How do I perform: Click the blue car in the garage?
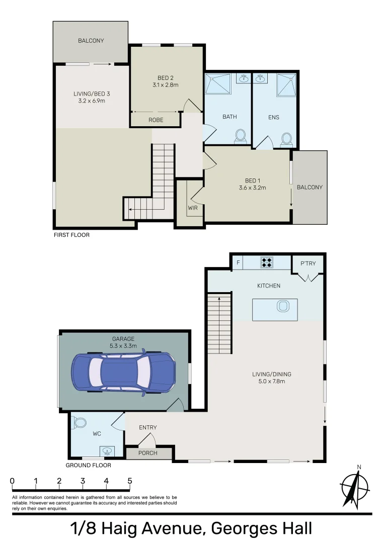coord(124,372)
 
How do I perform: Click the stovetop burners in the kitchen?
coord(266,261)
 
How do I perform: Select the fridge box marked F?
coord(238,261)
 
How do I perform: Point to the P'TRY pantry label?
coord(307,263)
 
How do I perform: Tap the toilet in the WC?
coord(80,423)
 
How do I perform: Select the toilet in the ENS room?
coord(286,138)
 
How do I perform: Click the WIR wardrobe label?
coord(193,207)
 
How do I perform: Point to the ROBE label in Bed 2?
coord(156,120)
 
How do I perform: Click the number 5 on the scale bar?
coord(130,481)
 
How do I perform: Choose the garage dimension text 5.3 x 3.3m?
coord(123,346)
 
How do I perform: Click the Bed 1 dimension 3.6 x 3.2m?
coord(252,188)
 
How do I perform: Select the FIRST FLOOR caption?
coord(71,235)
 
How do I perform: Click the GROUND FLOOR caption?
coord(89,465)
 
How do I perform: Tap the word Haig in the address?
coord(147,529)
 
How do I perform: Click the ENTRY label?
coord(148,427)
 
